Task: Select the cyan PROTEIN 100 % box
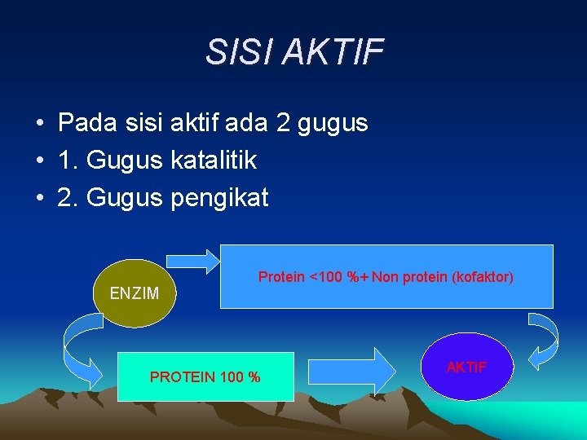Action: point(205,376)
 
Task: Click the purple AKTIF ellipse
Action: point(467,367)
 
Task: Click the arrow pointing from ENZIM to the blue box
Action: point(193,260)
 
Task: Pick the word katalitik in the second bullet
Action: point(214,161)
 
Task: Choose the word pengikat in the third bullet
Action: point(219,198)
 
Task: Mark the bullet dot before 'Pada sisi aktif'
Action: point(39,124)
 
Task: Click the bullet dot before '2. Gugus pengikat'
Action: point(39,199)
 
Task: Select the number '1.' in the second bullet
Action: point(67,161)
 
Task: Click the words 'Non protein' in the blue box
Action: point(406,277)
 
